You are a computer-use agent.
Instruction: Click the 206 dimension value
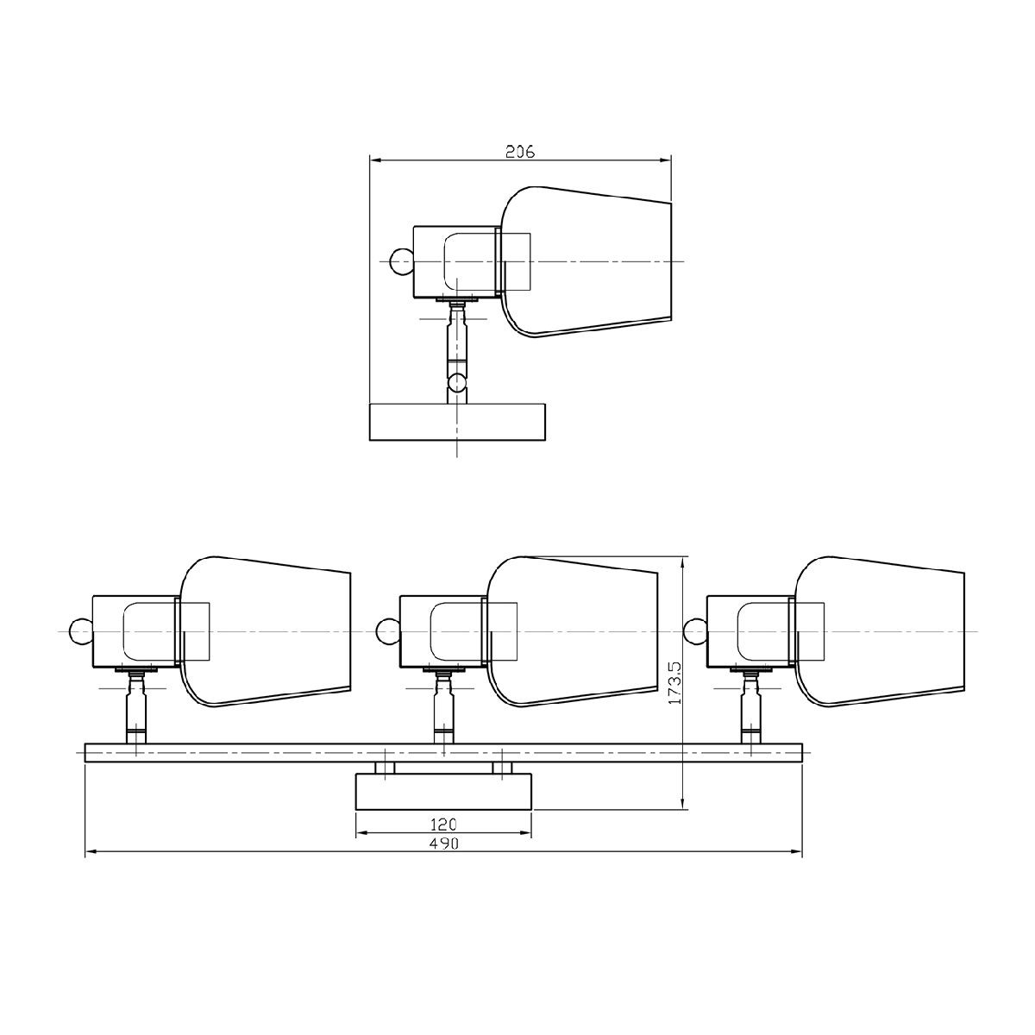point(520,152)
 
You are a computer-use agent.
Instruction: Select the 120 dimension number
point(443,824)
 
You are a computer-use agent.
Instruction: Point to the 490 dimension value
point(443,844)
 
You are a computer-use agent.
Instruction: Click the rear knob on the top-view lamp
point(401,261)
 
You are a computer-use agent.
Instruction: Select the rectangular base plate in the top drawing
point(458,422)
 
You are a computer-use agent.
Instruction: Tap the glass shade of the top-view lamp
point(586,261)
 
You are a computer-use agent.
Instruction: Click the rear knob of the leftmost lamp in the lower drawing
point(82,631)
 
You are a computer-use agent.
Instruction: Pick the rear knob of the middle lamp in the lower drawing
point(388,631)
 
